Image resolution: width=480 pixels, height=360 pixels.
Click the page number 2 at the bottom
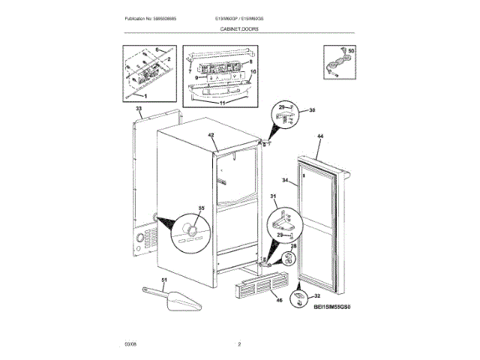coord(239,344)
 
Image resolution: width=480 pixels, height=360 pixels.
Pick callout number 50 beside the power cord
coord(352,50)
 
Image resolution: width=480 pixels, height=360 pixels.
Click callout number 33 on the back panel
coord(139,109)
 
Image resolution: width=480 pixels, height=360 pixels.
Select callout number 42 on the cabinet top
coord(211,135)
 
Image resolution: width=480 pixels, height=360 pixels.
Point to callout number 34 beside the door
coord(284,181)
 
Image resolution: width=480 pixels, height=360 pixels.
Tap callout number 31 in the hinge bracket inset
coord(274,197)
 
